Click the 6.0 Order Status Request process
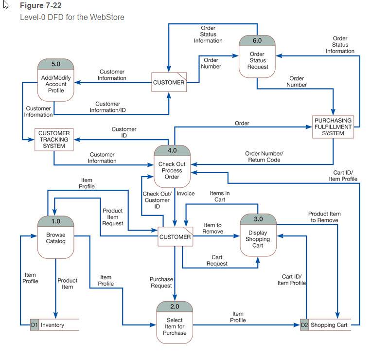point(257,56)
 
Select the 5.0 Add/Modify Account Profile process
point(56,80)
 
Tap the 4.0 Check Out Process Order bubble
point(172,166)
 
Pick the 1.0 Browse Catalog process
point(56,237)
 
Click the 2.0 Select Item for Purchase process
point(175,323)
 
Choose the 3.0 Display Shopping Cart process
point(258,235)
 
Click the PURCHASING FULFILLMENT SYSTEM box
point(333,127)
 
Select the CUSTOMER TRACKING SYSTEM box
point(54,140)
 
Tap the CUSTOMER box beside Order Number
point(169,82)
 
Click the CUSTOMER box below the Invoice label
point(175,236)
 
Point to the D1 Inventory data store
point(54,324)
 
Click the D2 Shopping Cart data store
point(326,324)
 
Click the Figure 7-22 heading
point(40,5)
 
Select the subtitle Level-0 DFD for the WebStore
point(72,17)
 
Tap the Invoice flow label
point(186,193)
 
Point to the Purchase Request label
point(161,282)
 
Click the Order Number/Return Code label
point(265,157)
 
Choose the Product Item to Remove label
point(324,217)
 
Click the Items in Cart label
point(220,197)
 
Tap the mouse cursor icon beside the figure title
point(6,5)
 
